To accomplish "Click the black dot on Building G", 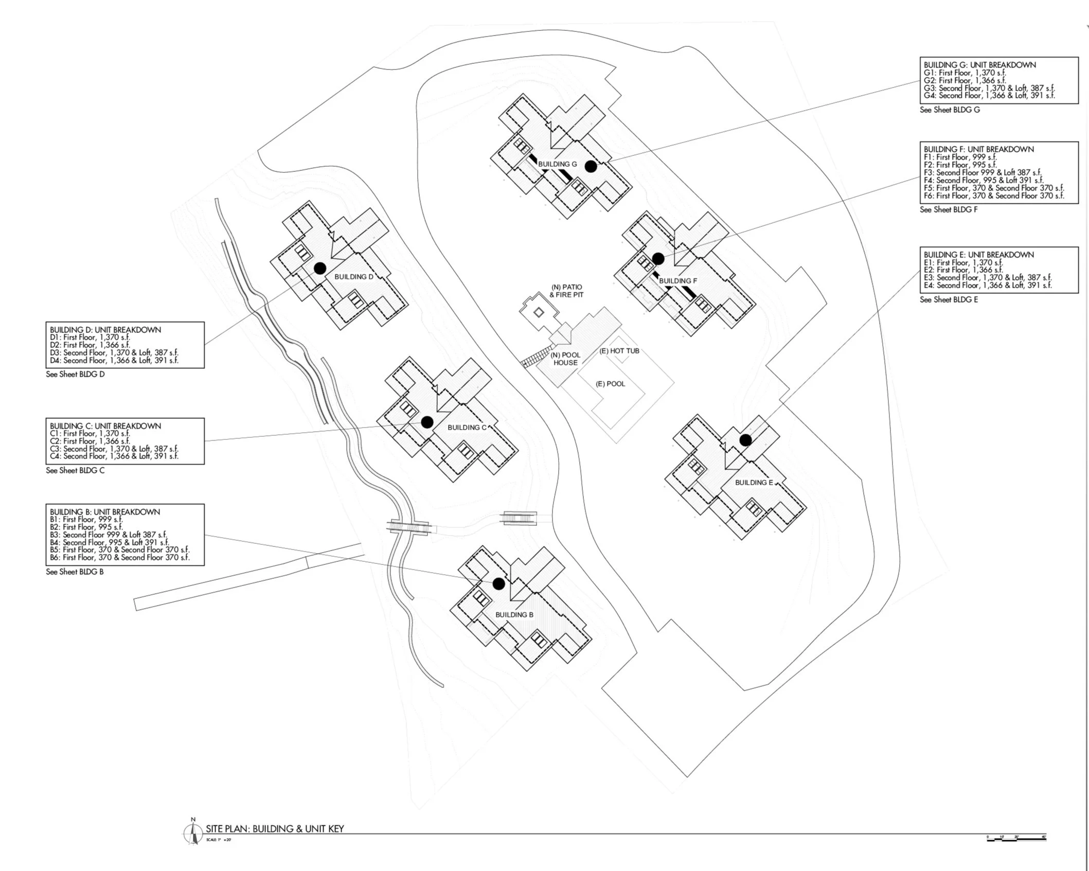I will point(591,166).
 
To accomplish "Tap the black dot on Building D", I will point(320,268).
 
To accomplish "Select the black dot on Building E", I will point(745,440).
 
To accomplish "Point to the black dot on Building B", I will point(498,583).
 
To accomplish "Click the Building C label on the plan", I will point(467,428).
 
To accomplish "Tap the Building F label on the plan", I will point(677,281).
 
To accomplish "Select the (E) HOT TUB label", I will point(619,351).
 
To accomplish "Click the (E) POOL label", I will point(610,384).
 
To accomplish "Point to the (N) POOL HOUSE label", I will point(565,359).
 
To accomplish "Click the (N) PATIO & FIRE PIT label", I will point(566,291).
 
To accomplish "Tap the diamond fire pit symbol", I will point(539,312).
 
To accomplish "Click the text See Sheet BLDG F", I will point(949,209).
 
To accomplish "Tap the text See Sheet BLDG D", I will point(75,374).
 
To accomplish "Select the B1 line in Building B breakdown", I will point(86,519).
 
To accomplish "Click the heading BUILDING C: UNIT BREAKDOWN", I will point(105,426).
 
